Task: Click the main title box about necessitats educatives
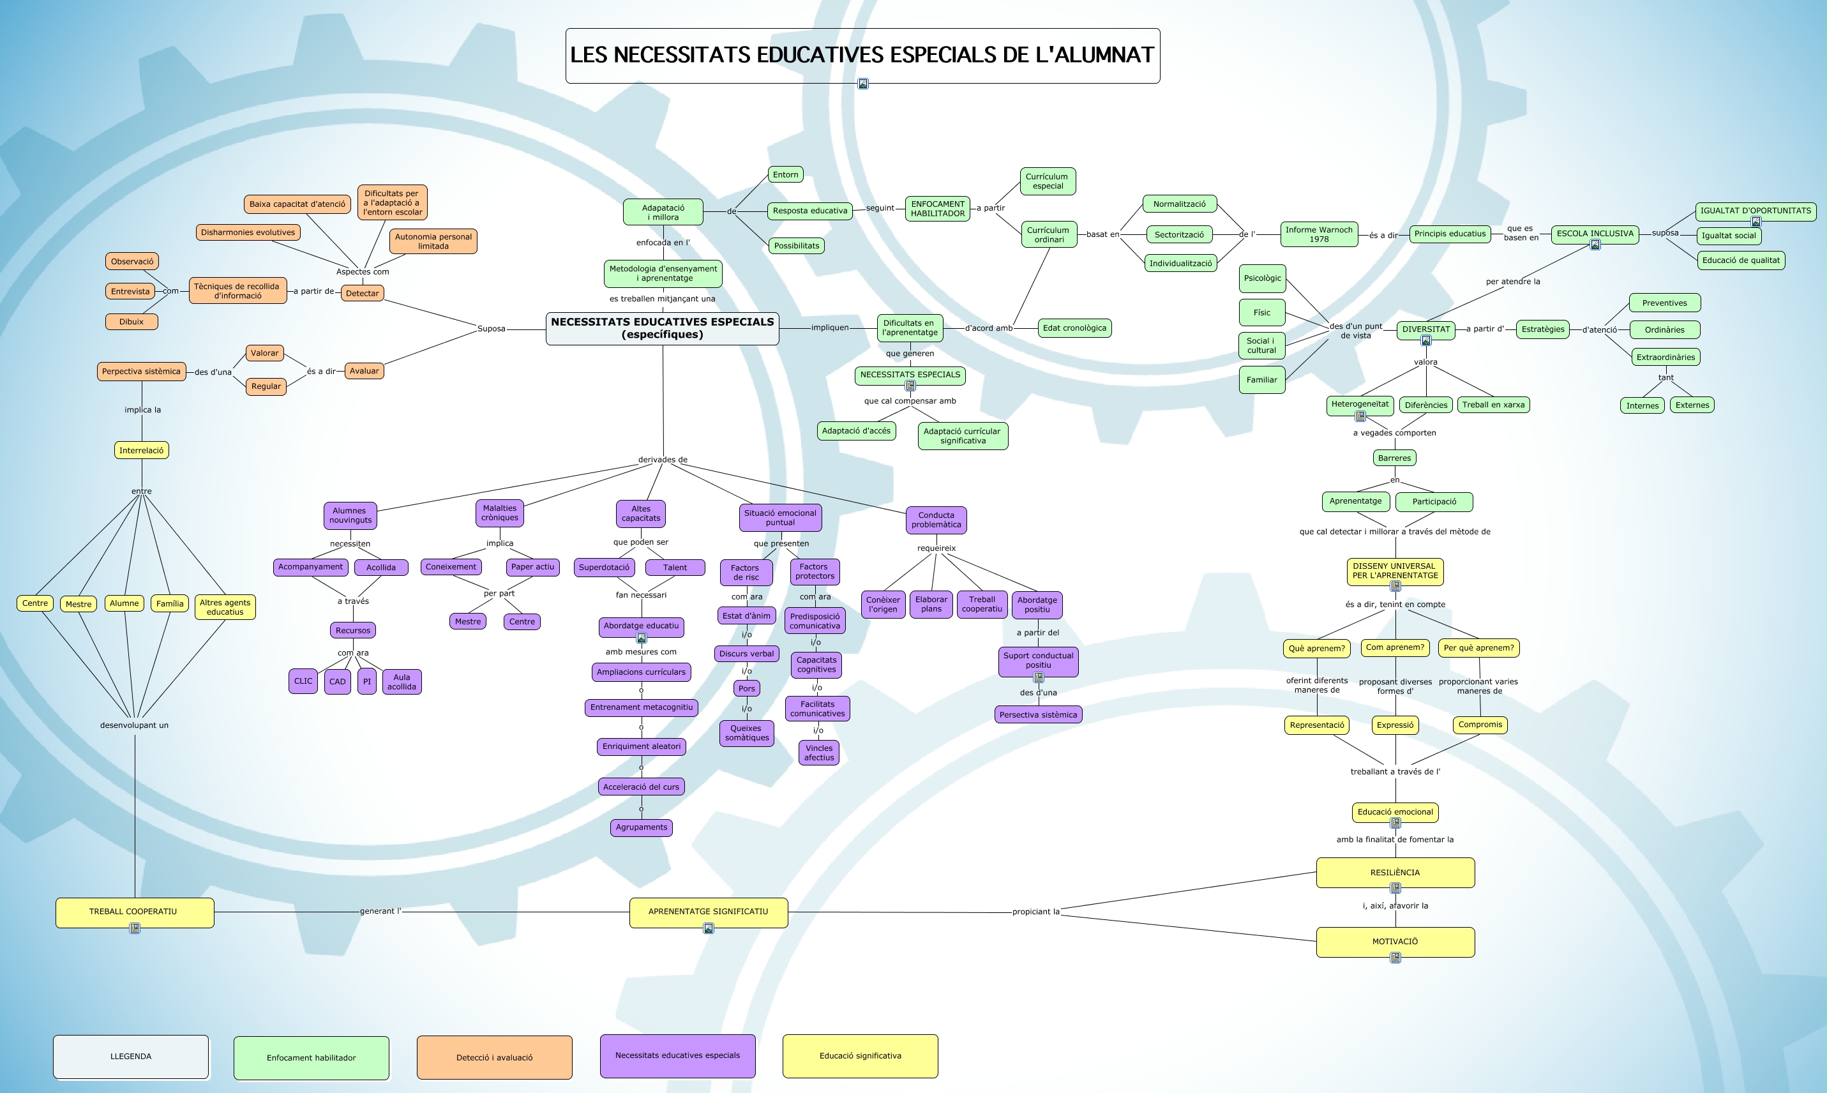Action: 862,56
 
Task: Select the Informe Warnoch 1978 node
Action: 1319,234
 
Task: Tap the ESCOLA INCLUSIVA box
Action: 1594,234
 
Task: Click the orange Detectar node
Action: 363,293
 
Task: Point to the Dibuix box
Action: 131,322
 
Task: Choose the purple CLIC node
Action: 303,681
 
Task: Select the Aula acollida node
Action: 402,682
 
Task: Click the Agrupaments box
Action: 642,827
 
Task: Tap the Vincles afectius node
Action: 819,753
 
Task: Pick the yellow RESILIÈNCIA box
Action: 1395,873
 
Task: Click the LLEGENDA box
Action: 130,1057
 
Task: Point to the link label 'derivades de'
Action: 663,460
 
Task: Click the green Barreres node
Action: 1394,458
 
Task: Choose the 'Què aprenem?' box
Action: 1317,648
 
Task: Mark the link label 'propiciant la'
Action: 1035,912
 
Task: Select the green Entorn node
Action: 785,174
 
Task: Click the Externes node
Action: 1692,405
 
